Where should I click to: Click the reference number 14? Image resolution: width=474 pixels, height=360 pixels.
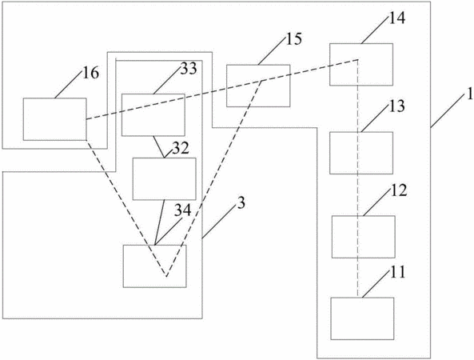[396, 18]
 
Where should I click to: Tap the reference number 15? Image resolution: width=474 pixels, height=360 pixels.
[293, 38]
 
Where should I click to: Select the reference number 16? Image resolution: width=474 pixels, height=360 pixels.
[90, 73]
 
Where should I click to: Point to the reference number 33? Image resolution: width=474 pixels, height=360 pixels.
[189, 68]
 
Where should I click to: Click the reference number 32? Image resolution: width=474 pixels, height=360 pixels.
[181, 148]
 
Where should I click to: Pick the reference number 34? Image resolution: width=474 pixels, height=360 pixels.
[183, 210]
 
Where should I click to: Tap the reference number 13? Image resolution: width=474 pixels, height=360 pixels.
[396, 106]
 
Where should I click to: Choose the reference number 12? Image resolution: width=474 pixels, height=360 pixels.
[398, 191]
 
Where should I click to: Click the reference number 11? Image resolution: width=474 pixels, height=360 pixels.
[397, 272]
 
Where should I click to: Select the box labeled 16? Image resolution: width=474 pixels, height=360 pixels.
[54, 119]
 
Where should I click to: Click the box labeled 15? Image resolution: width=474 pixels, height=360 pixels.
[258, 86]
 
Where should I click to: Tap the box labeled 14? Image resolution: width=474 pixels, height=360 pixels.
[361, 65]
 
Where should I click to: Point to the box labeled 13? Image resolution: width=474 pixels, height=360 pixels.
[361, 153]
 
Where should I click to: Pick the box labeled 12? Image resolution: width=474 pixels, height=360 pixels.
[364, 237]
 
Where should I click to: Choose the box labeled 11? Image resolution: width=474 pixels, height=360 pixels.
[362, 318]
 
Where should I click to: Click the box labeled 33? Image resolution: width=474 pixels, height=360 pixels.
[153, 115]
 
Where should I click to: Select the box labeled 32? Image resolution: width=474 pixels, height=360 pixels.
[164, 178]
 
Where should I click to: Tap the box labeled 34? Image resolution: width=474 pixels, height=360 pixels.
[155, 266]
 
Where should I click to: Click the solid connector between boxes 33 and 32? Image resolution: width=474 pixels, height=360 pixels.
[159, 147]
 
